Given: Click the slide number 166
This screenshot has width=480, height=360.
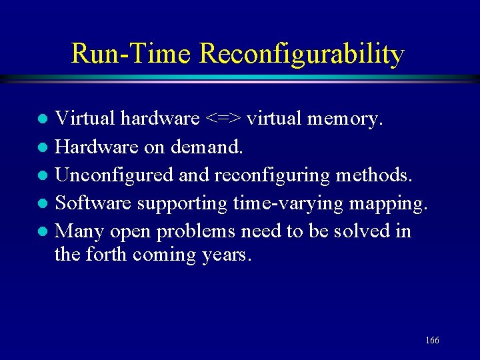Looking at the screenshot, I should [432, 341].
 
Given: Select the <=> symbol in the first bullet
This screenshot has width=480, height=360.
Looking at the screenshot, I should [223, 119].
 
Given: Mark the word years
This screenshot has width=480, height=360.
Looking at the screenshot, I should [227, 255].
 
